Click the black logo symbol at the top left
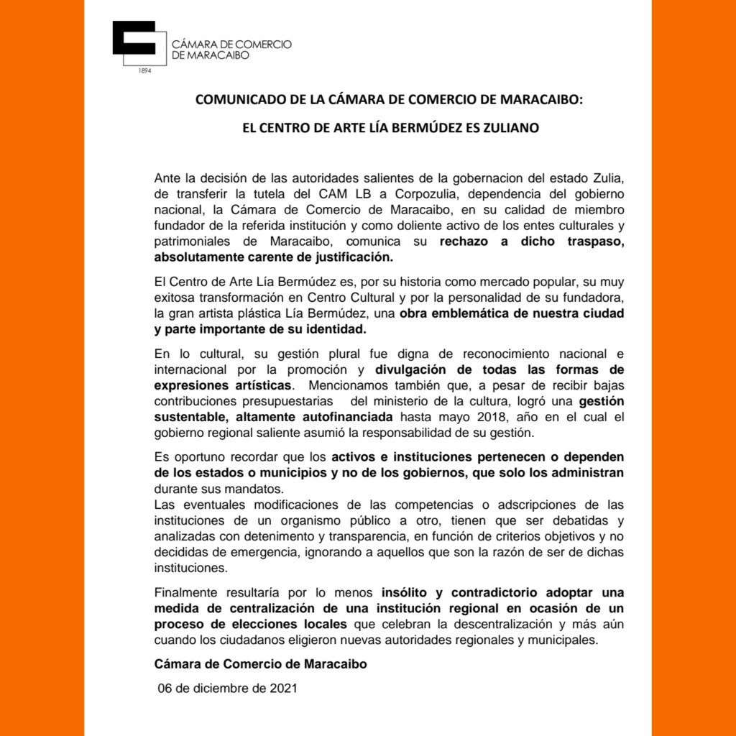click(x=134, y=44)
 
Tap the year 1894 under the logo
click(x=144, y=70)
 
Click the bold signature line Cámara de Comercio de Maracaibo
click(x=261, y=664)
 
